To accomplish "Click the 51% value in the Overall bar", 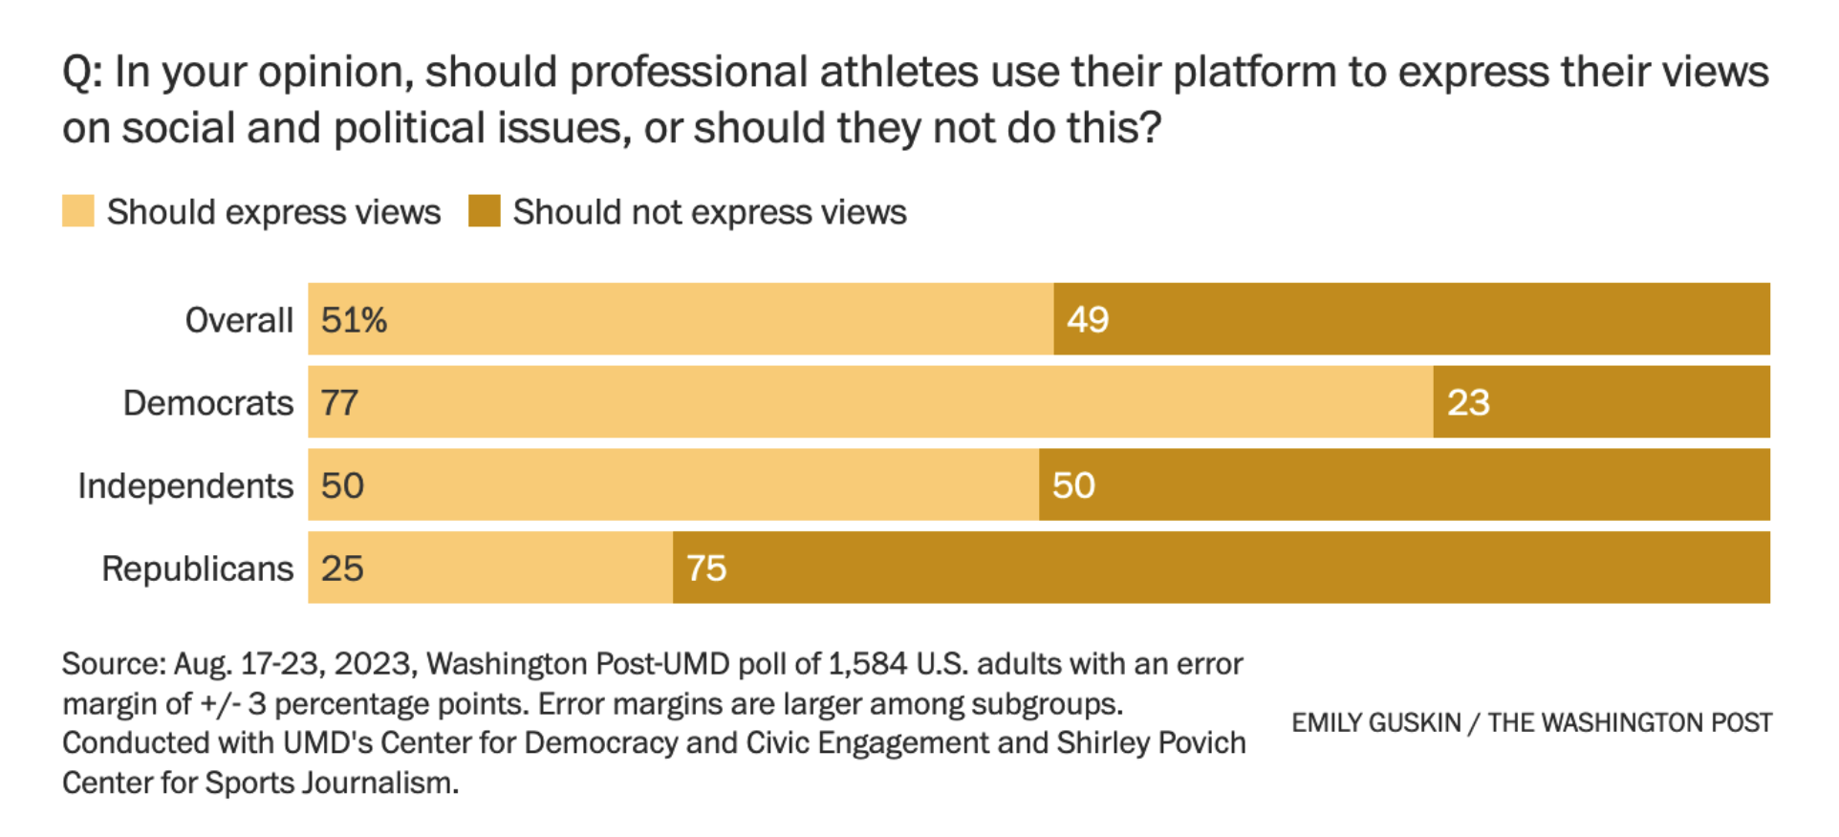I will click(354, 320).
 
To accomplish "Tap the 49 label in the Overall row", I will click(1087, 320).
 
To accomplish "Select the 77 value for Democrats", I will click(339, 403).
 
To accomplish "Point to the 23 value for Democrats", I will click(1467, 403).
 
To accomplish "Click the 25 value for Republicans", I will click(341, 569).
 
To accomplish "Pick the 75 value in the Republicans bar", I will click(706, 569).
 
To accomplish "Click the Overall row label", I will click(239, 320).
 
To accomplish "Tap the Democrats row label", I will click(208, 403).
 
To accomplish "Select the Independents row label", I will click(185, 486).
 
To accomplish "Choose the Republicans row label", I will click(198, 569).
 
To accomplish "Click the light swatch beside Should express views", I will click(78, 211).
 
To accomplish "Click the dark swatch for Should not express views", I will click(484, 211).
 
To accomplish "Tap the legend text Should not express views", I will click(709, 212).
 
